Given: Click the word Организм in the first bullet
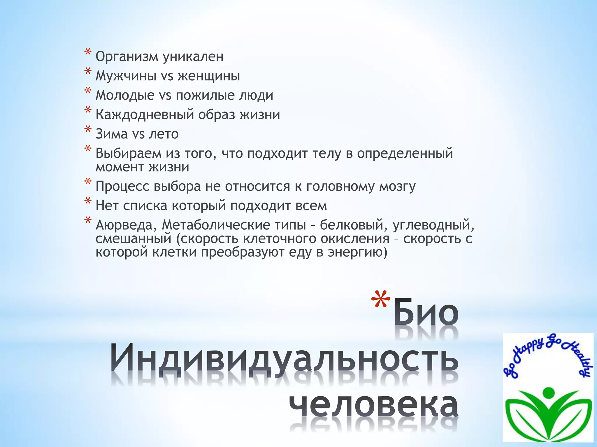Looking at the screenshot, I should pos(127,57).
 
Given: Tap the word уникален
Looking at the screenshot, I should pos(193,56).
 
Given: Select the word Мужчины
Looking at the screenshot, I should pos(126,76).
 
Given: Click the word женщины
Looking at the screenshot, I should pos(209,76).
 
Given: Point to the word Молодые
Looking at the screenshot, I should pos(125,95).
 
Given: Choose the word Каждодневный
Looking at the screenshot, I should pos(145,115).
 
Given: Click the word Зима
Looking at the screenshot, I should pos(112,134).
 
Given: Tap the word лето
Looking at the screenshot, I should pos(164,134).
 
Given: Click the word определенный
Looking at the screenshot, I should pos(405,153).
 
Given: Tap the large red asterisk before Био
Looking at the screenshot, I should pos(381,300).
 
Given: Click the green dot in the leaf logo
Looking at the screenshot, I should pos(549,393).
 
